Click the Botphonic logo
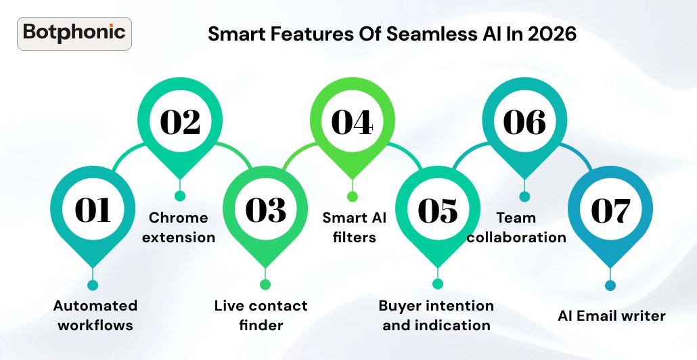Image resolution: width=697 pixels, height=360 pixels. pos(74,33)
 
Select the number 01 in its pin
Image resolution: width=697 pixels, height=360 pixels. pos(93,210)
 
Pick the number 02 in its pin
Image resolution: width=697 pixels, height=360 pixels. pos(180,122)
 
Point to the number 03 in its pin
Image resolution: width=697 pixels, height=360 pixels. pos(265,210)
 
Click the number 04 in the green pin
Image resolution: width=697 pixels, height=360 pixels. pos(352,122)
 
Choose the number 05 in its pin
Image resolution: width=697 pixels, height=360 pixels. pos(438,210)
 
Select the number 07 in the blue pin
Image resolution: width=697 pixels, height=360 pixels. pos(610,210)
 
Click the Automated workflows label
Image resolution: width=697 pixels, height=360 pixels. pos(95,315)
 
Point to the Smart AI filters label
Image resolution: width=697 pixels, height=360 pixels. pos(354,227)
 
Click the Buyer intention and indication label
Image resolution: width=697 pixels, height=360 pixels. pos(436,315)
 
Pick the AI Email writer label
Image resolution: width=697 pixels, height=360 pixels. pos(612,315)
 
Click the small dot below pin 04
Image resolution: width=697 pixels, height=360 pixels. pos(352,196)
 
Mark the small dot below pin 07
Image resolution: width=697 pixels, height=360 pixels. pos(610,285)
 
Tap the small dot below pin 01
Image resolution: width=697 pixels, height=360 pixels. pos(93,285)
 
